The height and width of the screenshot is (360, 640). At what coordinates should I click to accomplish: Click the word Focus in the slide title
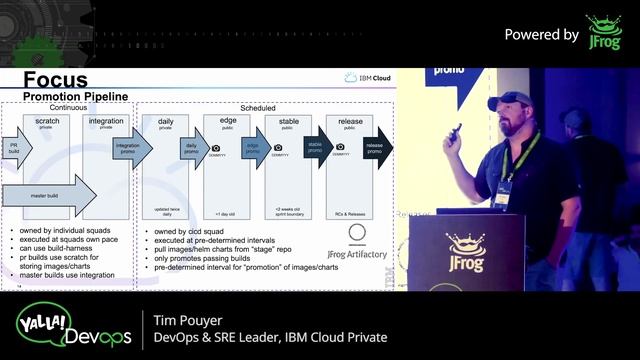tap(55, 80)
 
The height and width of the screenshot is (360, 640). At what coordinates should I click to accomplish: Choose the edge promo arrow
tap(254, 147)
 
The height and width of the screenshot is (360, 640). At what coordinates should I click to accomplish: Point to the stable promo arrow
tap(316, 147)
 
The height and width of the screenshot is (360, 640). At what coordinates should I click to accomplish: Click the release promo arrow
tap(376, 147)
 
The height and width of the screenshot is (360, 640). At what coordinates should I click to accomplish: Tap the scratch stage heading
tap(47, 120)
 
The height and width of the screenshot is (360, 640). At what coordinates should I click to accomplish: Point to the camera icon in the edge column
tap(216, 148)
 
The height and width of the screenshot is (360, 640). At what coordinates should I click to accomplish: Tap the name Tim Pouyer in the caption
tap(193, 319)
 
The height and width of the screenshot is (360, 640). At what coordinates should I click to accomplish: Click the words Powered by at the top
tap(541, 34)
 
